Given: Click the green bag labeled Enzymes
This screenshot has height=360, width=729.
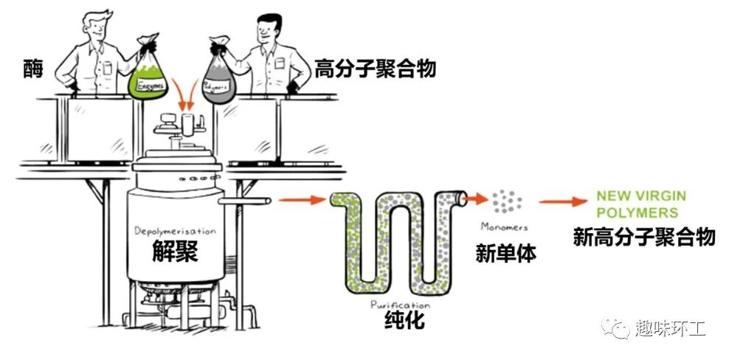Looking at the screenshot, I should click(150, 76).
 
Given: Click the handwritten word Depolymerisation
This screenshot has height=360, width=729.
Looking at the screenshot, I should click(175, 232).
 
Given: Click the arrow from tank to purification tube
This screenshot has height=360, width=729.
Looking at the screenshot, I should click(303, 199).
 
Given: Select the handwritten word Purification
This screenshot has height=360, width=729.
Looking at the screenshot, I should click(400, 304).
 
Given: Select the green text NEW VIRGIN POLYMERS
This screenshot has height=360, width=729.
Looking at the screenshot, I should click(640, 204).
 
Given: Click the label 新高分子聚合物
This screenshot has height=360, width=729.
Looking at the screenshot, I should click(644, 236).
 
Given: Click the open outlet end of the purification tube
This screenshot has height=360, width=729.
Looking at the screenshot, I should click(462, 198).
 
